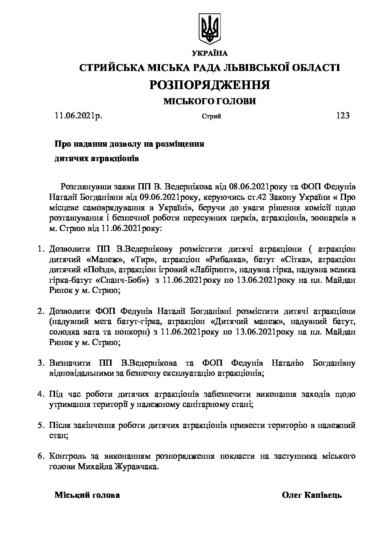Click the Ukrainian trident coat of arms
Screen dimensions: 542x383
click(210, 29)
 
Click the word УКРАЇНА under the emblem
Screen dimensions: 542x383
click(210, 54)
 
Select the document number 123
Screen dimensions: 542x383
click(343, 115)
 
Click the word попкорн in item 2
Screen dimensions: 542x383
click(131, 332)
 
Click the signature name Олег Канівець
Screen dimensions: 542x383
click(312, 495)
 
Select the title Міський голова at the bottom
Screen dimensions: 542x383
click(87, 495)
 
